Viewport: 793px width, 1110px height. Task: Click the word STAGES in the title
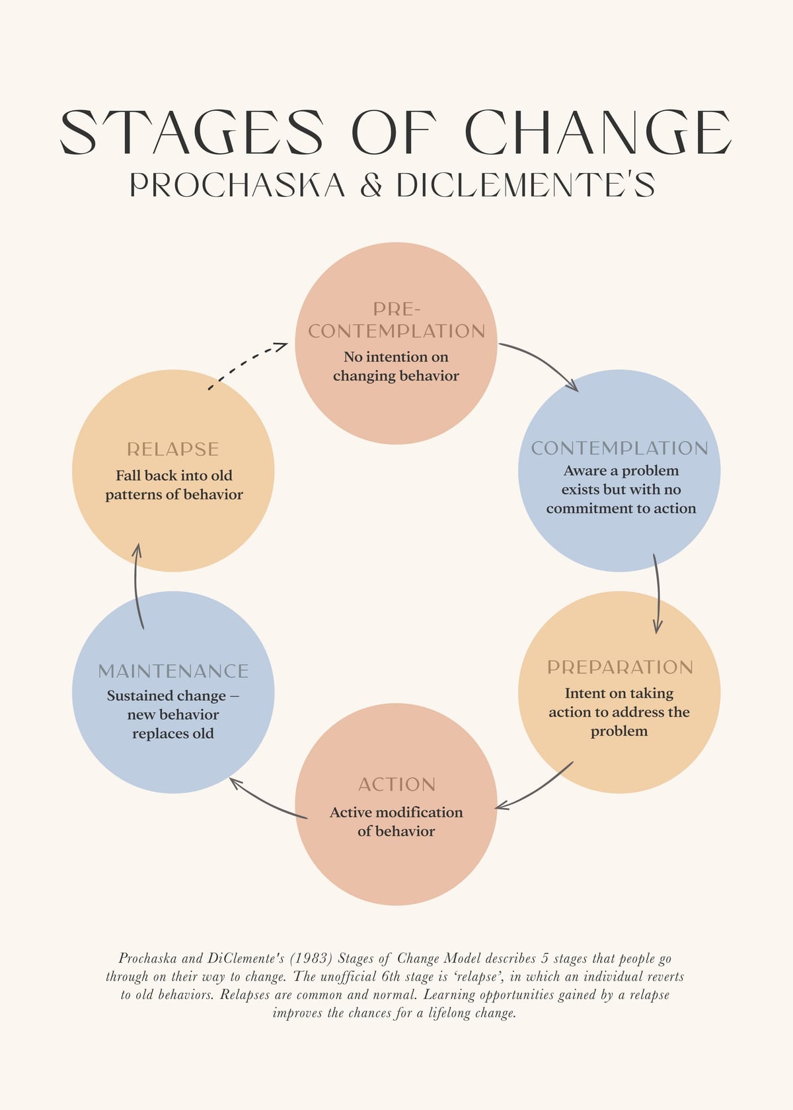click(x=192, y=132)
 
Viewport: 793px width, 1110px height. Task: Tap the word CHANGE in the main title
click(x=598, y=132)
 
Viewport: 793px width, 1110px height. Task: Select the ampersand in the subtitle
click(x=371, y=185)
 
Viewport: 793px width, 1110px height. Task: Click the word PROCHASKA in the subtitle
click(x=237, y=185)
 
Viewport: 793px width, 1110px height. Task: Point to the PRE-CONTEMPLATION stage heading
click(x=397, y=320)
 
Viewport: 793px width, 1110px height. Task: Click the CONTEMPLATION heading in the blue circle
click(x=620, y=448)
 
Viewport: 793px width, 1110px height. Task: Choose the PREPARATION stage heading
click(x=620, y=667)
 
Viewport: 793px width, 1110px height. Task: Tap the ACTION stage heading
click(x=397, y=784)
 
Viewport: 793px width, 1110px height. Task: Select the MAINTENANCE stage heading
click(x=173, y=671)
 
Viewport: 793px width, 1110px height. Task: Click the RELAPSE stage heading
click(x=173, y=449)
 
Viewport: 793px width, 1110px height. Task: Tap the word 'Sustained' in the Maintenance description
click(x=135, y=696)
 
